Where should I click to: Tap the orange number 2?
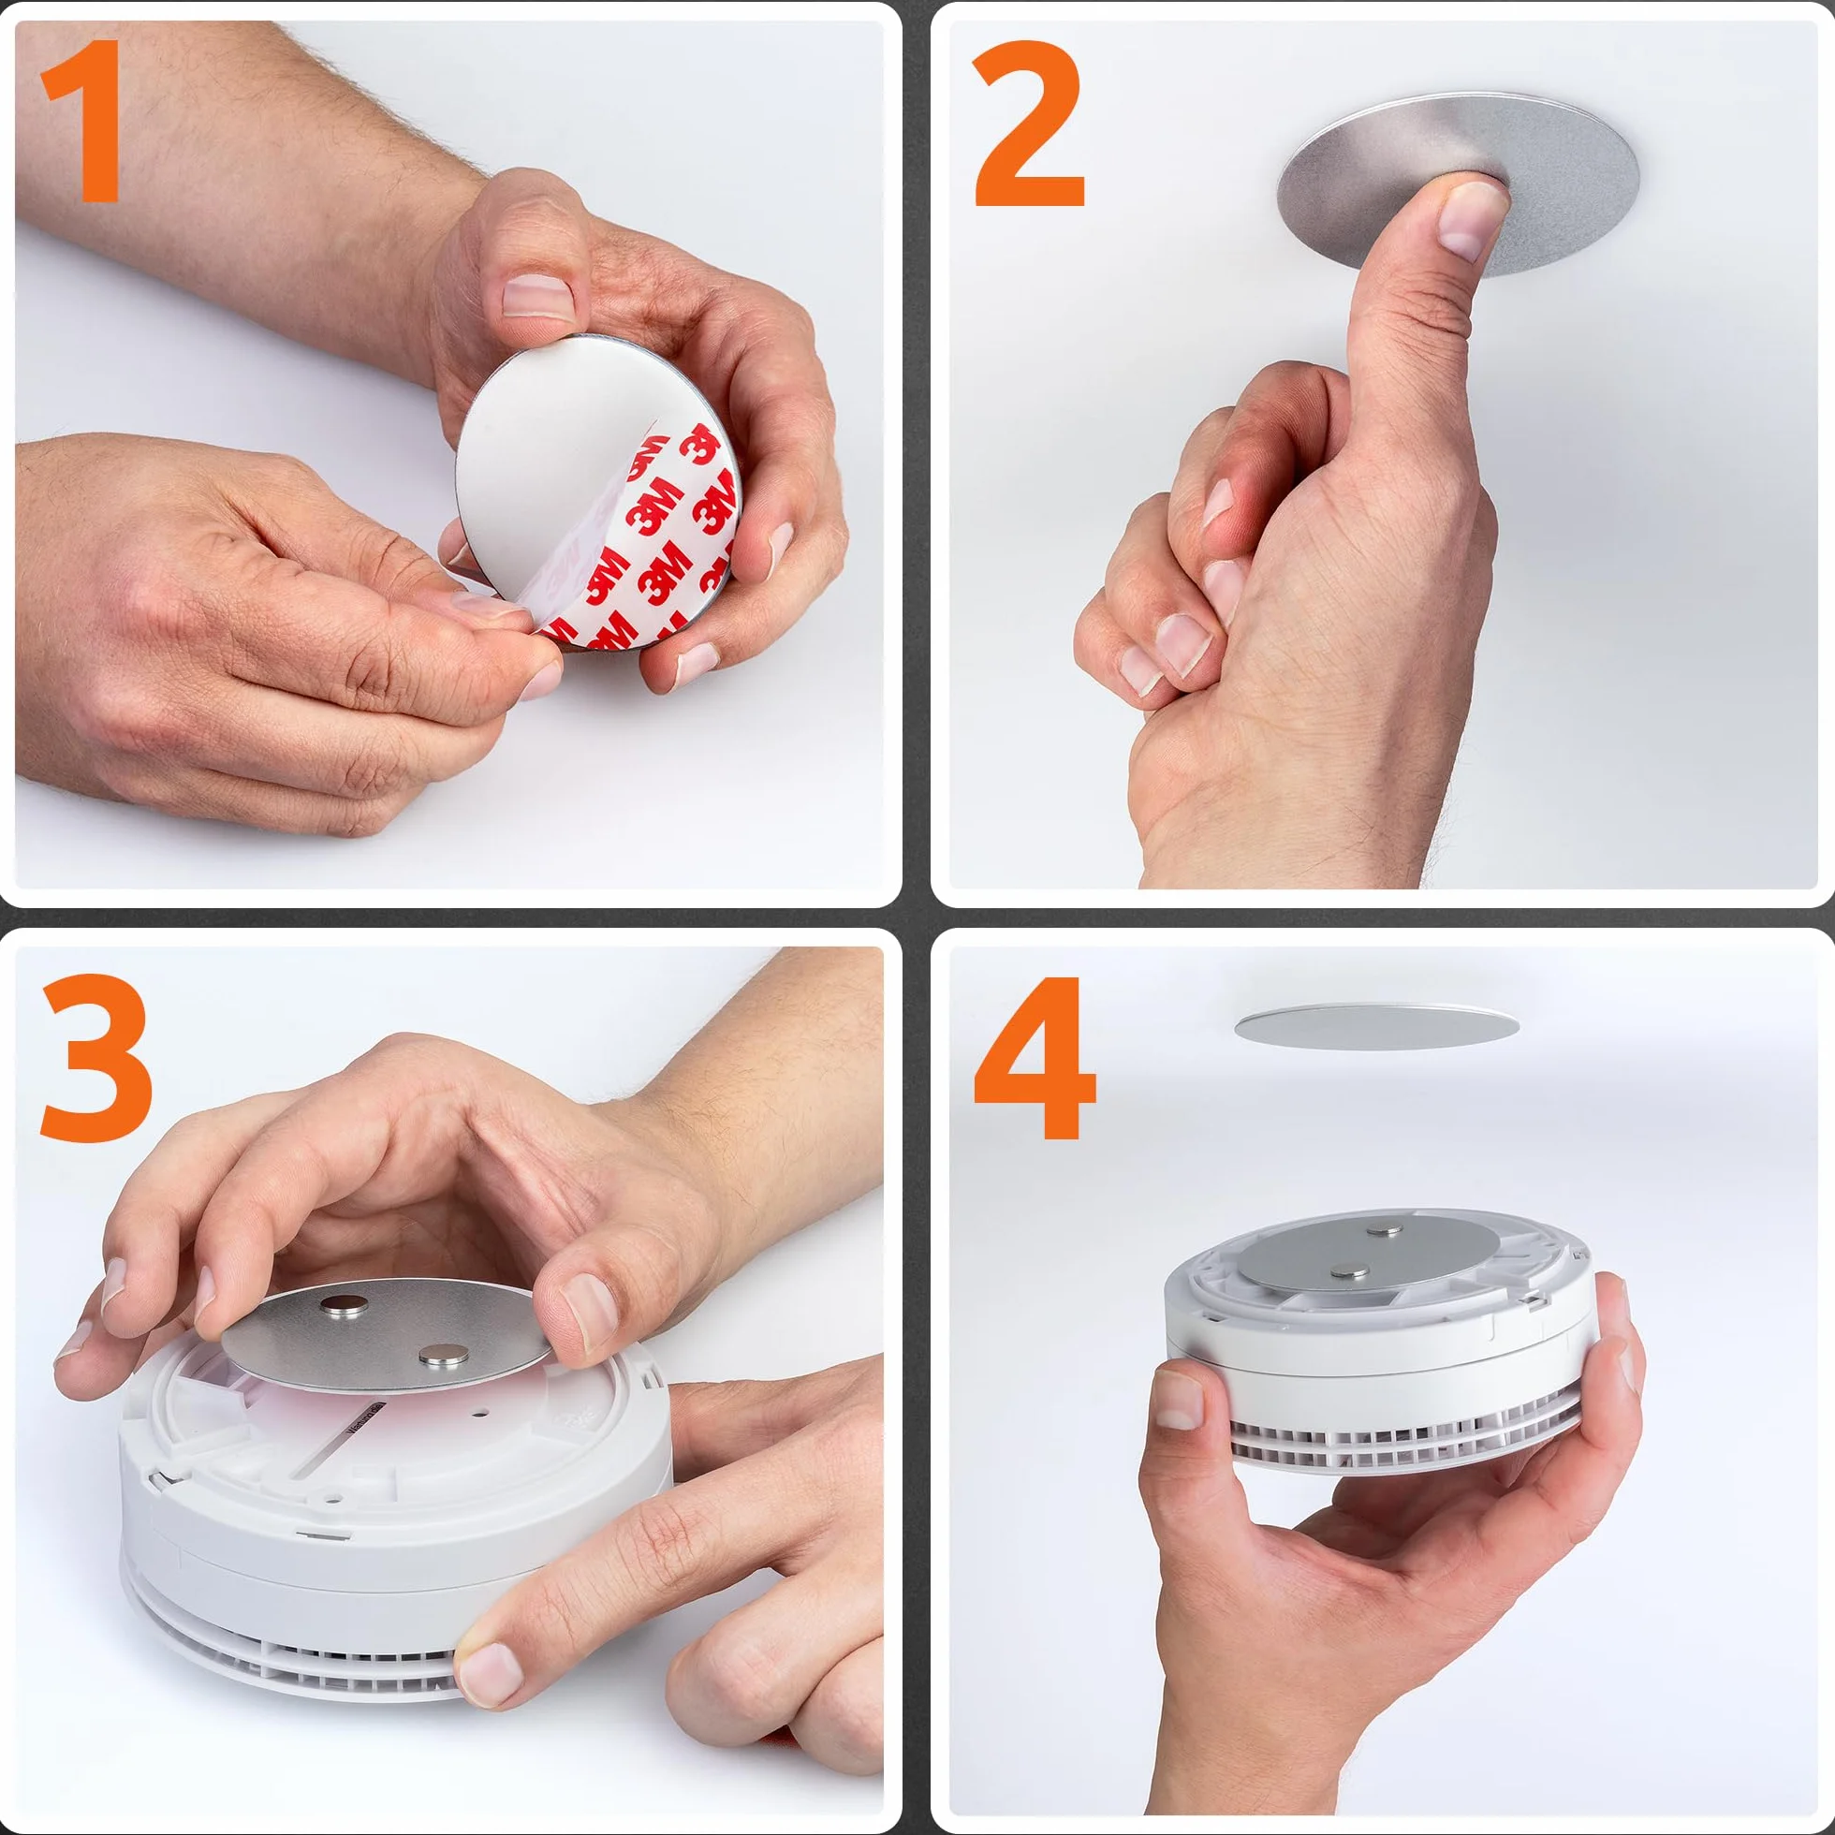pos(1029,124)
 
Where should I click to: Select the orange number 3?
pos(95,1056)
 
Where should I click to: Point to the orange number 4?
pos(1035,1057)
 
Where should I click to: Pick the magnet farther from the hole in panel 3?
pos(338,1307)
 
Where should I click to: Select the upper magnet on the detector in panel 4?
pos(1384,1232)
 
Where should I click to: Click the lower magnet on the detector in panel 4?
pos(1350,1271)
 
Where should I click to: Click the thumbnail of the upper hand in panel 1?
pos(537,296)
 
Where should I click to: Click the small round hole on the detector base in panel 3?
pos(479,1413)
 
